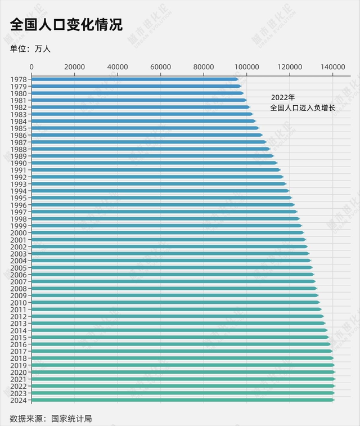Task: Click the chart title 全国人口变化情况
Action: (x=66, y=24)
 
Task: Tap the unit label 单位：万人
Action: (x=30, y=49)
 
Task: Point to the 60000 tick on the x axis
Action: (x=161, y=67)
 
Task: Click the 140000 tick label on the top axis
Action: (x=332, y=67)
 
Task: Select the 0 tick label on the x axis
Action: (x=31, y=67)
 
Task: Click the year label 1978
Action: (x=19, y=79)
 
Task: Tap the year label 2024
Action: (x=19, y=400)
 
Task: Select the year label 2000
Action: (x=19, y=233)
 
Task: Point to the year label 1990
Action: (x=19, y=163)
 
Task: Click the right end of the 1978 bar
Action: (x=237, y=79)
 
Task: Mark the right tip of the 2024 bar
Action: (x=334, y=400)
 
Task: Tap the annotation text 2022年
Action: (x=282, y=97)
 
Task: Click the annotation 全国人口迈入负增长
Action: (x=302, y=107)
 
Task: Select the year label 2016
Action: (x=19, y=344)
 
